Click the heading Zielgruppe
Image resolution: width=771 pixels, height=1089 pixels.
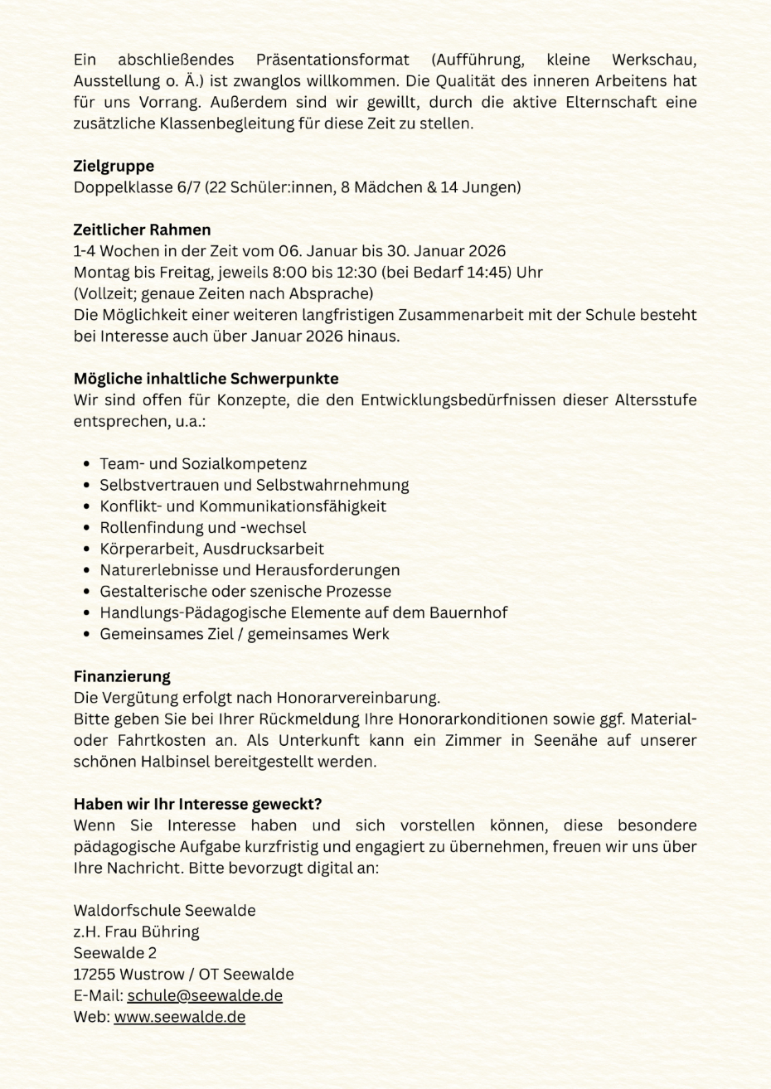[x=114, y=166]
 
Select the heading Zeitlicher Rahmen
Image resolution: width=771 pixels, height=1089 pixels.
[x=142, y=230]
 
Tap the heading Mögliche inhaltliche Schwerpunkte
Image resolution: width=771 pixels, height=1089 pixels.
[x=206, y=379]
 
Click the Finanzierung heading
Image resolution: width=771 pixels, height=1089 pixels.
[x=122, y=676]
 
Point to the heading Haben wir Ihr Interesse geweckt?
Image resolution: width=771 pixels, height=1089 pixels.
[x=197, y=804]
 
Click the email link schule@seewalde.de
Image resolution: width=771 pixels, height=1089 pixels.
[x=205, y=995]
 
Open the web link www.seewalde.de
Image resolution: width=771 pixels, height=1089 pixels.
[x=179, y=1017]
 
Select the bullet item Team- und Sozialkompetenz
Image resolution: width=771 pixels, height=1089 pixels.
[x=203, y=464]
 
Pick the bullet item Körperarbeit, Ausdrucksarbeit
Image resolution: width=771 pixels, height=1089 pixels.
[x=211, y=549]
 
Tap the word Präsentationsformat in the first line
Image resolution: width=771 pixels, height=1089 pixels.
[x=332, y=60]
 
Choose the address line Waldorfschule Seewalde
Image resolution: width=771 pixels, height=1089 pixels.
[x=164, y=910]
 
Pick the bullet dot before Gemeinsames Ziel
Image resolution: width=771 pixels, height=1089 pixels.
[x=87, y=634]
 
